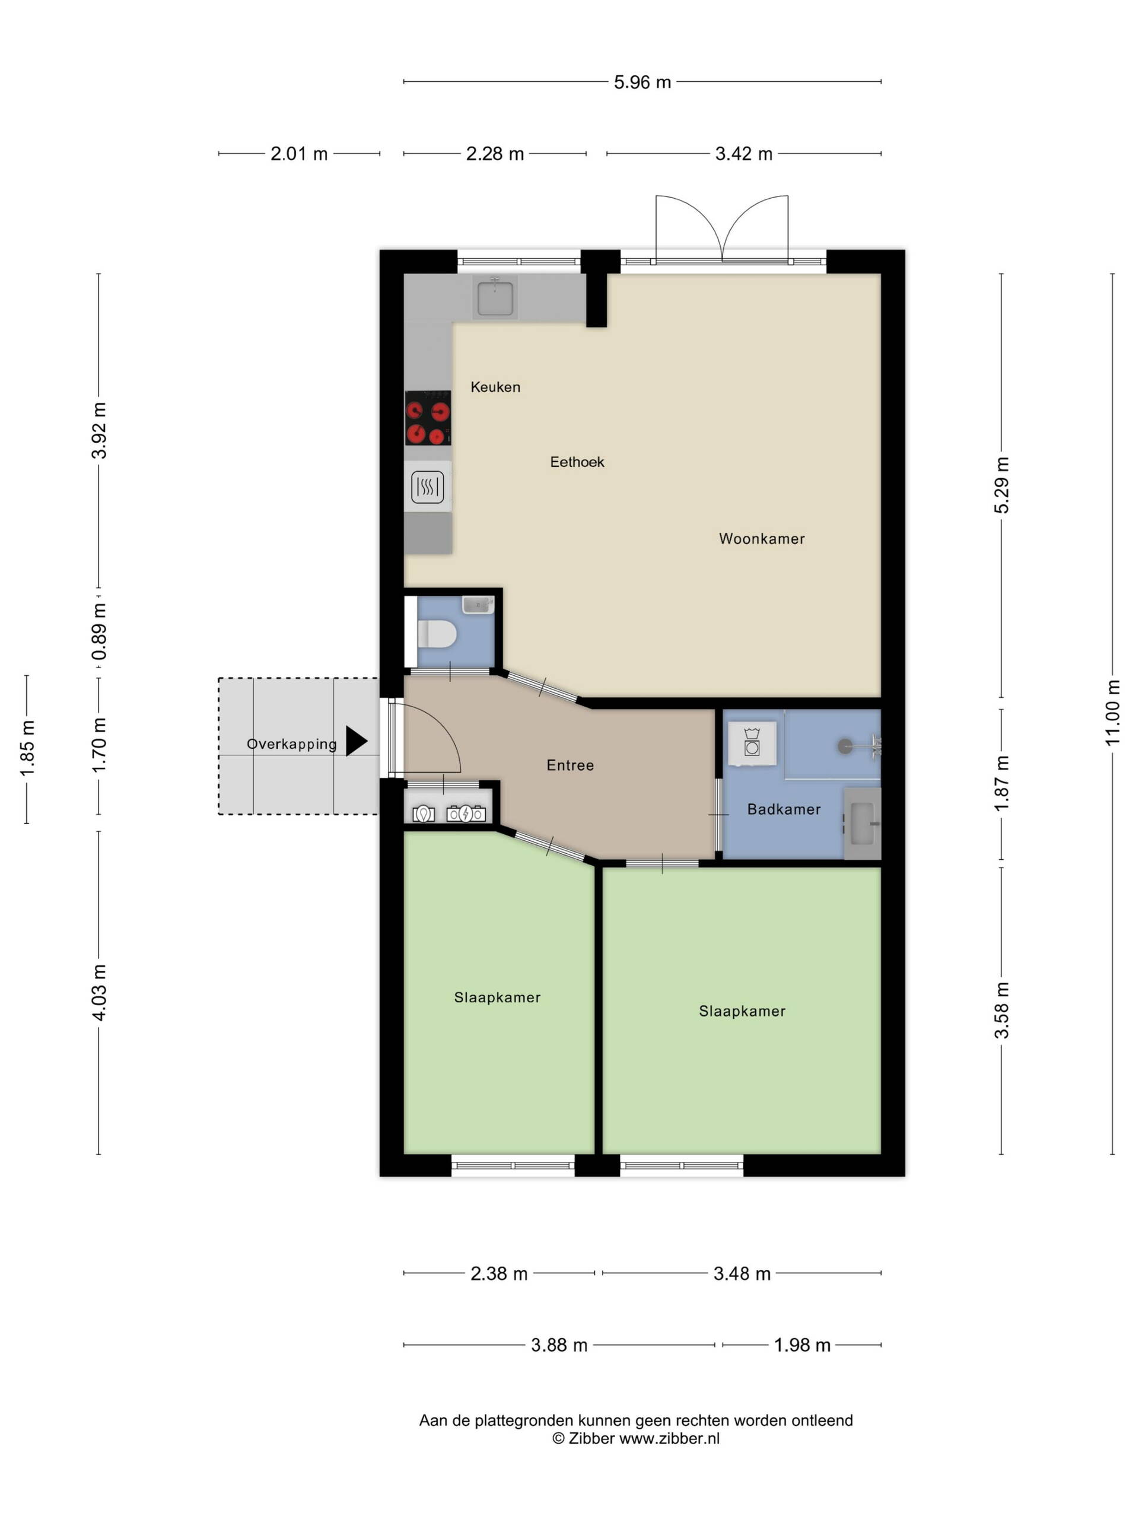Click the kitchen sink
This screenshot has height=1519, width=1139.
click(x=495, y=297)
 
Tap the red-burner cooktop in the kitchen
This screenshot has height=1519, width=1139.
click(x=428, y=418)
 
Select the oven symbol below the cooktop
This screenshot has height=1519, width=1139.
click(x=428, y=487)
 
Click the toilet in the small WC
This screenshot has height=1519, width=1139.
click(x=437, y=634)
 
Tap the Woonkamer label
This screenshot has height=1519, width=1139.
click(x=761, y=538)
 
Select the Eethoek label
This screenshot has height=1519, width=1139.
click(x=577, y=462)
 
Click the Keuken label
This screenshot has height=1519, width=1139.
click(x=495, y=387)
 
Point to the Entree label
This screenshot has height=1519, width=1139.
click(x=570, y=765)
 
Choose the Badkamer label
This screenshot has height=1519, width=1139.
click(x=784, y=809)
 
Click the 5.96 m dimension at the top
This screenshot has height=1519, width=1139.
click(x=642, y=82)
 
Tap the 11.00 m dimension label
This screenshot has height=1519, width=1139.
click(x=1113, y=712)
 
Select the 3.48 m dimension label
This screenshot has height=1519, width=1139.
click(x=742, y=1273)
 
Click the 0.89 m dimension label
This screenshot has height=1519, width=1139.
click(x=100, y=632)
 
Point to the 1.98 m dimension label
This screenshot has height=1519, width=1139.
click(x=802, y=1345)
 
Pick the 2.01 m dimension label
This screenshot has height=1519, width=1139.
click(x=298, y=154)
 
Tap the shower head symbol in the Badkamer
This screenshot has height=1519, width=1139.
click(x=845, y=746)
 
